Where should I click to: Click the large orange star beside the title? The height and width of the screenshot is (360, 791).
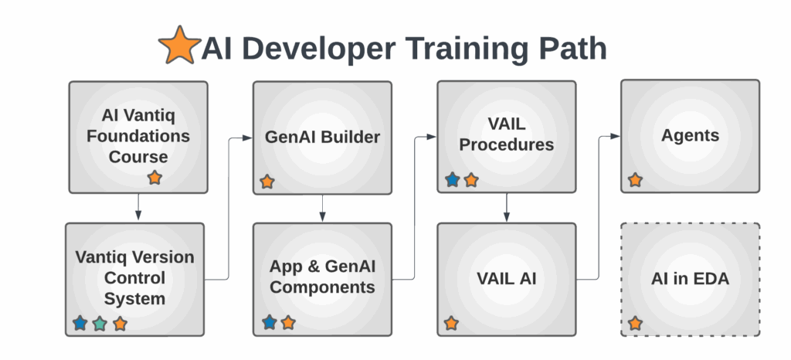coord(179,46)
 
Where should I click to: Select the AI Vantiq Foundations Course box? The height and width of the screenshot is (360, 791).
coord(138,136)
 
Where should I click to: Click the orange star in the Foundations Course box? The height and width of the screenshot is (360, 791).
coord(154,178)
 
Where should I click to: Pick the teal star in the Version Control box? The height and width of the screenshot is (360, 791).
coord(100,324)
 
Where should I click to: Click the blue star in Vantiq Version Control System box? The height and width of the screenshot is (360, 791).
coord(80,324)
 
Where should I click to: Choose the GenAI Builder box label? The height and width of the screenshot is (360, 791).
coord(322,138)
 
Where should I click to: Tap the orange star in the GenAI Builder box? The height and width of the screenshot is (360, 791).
coord(266,182)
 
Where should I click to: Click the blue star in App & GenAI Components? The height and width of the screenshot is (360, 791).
coord(269,322)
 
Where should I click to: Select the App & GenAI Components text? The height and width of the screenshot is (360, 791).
coord(322,277)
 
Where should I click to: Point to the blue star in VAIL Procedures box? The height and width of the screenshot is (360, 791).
coord(453,180)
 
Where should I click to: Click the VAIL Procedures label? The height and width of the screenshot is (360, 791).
coord(506,134)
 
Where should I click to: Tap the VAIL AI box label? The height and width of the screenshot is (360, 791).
coord(506,278)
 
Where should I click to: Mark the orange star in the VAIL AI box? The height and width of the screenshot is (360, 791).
coord(451,323)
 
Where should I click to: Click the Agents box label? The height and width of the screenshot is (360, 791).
coord(690,136)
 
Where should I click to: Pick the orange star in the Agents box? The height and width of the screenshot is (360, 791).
coord(635,180)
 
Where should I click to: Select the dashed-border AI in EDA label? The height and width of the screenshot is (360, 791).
coord(690,279)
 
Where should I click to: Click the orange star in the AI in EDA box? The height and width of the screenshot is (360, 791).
coord(635,323)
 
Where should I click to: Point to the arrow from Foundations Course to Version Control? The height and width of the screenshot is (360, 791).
coord(138,207)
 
